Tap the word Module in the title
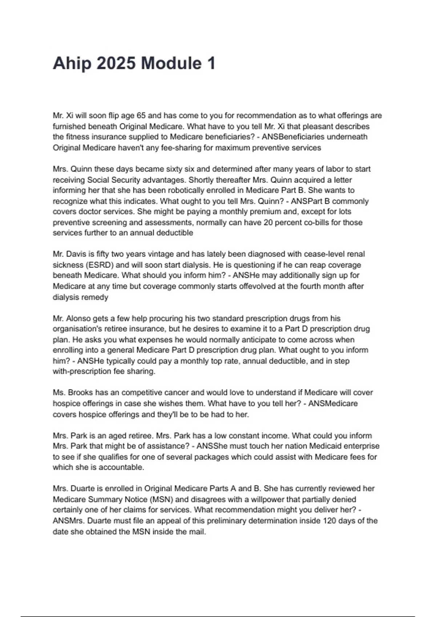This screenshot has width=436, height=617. click(x=171, y=64)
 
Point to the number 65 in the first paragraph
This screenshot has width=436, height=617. click(x=141, y=116)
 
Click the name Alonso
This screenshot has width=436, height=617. click(x=78, y=318)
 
